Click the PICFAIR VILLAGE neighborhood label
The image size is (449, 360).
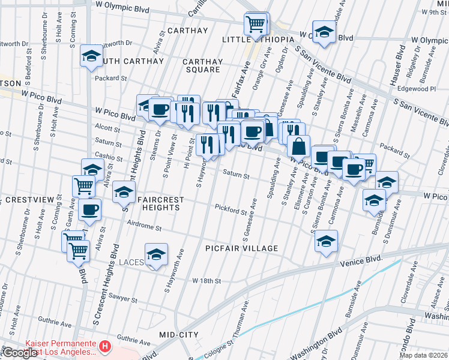tap(241, 248)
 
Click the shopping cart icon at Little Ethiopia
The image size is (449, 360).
tap(256, 25)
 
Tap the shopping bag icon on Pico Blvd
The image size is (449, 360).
tap(298, 146)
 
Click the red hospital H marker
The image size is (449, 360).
tap(105, 346)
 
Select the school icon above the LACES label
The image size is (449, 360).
tap(156, 254)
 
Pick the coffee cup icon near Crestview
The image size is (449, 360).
tap(89, 210)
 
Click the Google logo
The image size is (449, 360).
tap(19, 353)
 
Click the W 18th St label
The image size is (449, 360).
tap(207, 281)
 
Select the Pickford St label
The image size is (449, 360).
tap(232, 211)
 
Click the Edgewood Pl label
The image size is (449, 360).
tap(423, 88)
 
